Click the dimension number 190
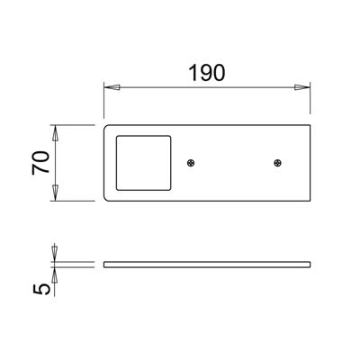click(206, 73)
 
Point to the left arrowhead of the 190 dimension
click(110, 87)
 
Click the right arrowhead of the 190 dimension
click(304, 87)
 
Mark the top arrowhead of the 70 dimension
click(55, 130)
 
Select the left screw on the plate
click(190, 163)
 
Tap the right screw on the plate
click(277, 163)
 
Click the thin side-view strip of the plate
click(207, 265)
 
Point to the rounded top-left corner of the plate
click(107, 127)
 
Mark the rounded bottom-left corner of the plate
click(107, 196)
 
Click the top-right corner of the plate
click(310, 124)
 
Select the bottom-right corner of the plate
click(310, 199)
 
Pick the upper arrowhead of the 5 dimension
click(55, 255)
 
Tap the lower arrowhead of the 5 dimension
click(55, 274)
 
